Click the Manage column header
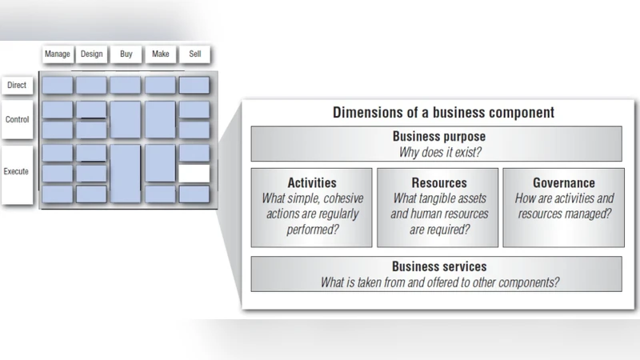(58, 54)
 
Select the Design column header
(92, 54)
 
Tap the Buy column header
(126, 54)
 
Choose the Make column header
(160, 54)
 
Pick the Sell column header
(194, 54)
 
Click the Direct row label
(17, 85)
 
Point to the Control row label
(17, 119)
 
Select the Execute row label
(17, 171)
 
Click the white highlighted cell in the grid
(194, 173)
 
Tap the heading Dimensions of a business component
(443, 113)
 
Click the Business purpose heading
(438, 137)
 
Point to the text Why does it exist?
(438, 151)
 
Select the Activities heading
(311, 183)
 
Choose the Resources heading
(438, 183)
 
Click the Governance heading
(565, 183)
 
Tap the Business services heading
(438, 266)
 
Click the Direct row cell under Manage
(58, 85)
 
